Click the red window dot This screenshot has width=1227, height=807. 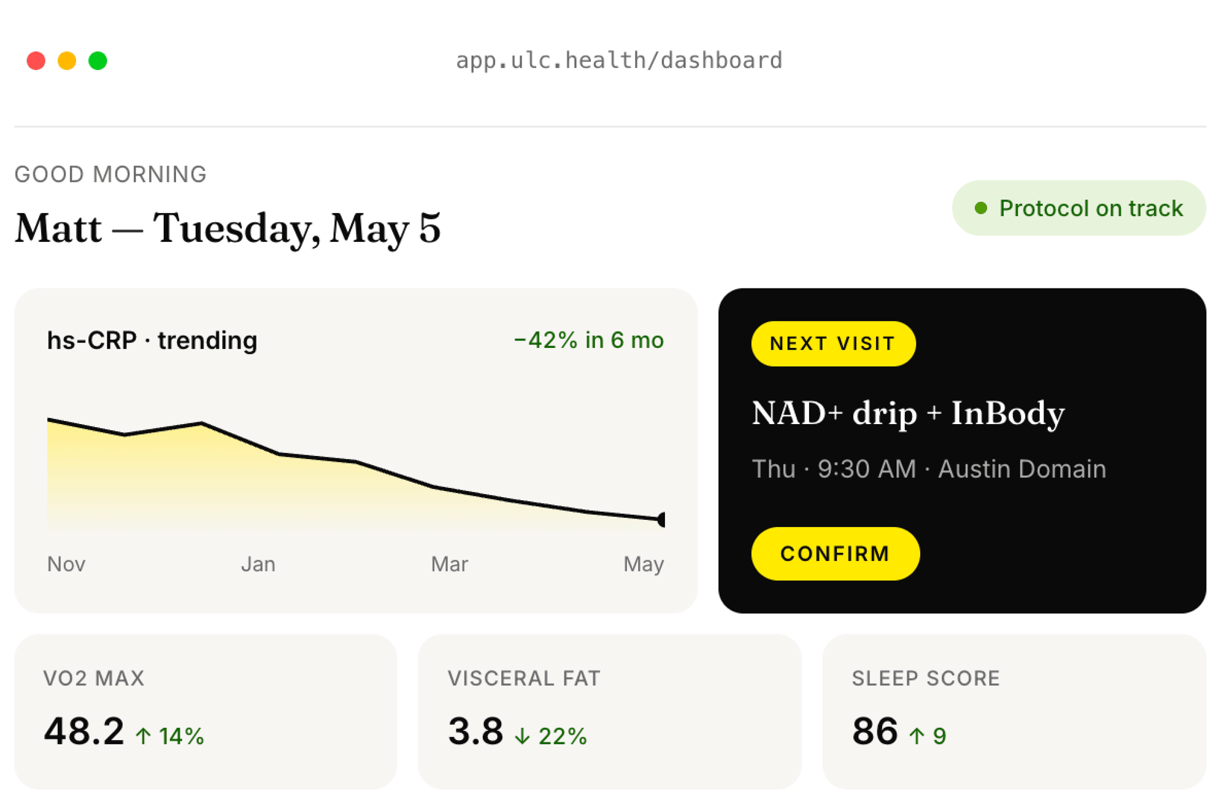pos(36,61)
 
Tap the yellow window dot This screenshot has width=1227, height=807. pos(67,61)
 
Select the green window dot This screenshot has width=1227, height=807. pos(98,61)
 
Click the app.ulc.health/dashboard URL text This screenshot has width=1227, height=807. pos(619,61)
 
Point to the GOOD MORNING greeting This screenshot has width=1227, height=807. pos(110,175)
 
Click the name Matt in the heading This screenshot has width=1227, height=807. pos(58,228)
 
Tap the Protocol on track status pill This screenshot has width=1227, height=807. pos(1079,208)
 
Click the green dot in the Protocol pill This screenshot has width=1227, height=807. pos(981,208)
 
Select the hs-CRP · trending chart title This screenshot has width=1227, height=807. pos(152,341)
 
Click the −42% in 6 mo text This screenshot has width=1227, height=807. pos(589,340)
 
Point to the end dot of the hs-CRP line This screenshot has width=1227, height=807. pos(661,520)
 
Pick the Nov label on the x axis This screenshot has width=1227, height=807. pos(66,564)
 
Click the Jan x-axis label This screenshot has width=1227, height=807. pos(258,564)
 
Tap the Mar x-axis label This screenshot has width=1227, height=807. pos(450,564)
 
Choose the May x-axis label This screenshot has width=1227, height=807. pos(644,565)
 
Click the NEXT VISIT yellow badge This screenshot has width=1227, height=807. pos(833,344)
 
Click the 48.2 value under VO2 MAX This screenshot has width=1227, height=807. pos(84,732)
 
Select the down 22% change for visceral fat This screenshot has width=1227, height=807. pos(551,736)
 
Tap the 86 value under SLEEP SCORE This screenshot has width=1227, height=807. pos(875,732)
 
